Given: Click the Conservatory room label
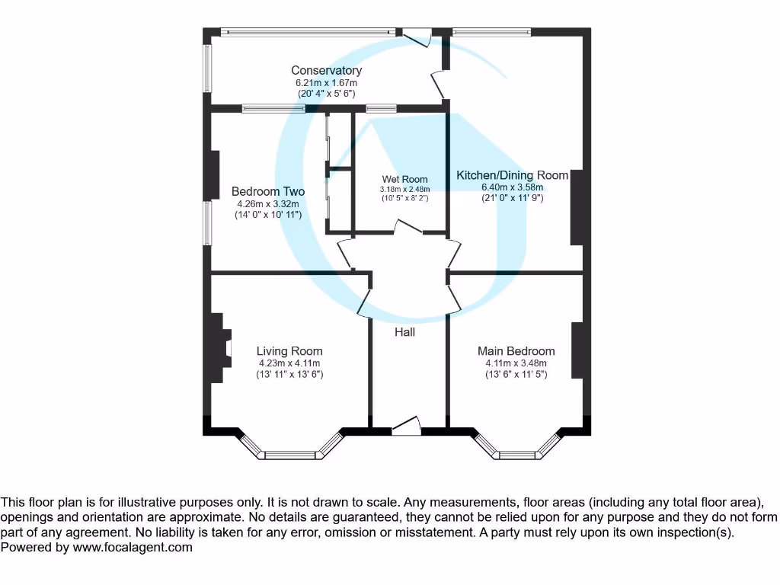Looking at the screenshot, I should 326,71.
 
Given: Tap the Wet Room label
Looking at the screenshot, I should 404,180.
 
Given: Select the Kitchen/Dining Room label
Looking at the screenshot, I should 512,175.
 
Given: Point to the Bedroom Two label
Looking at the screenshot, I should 268,192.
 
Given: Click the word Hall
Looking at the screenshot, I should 404,332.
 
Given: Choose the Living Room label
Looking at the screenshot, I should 289,351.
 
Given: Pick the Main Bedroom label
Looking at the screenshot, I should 516,351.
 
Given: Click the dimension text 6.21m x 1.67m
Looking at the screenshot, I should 326,82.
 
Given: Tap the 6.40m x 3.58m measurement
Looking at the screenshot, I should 512,187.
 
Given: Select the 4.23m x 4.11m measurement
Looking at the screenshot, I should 289,363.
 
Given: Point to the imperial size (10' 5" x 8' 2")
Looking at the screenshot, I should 404,198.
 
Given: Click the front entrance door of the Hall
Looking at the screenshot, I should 406,427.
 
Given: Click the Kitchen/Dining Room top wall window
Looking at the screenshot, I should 491,32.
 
